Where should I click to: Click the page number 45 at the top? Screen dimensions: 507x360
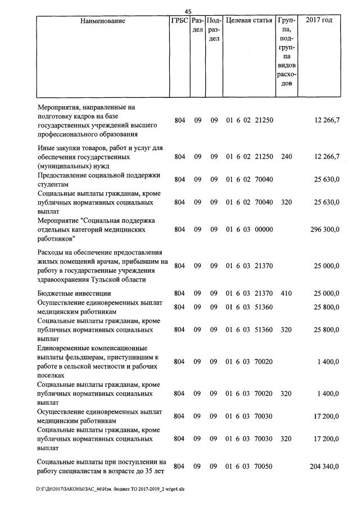(x=188, y=11)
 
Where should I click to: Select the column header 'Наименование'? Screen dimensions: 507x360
(x=102, y=21)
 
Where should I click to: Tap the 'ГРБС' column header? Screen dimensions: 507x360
(x=179, y=21)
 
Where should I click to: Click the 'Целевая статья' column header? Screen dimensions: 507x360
(x=249, y=21)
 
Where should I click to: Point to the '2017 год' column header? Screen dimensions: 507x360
(x=318, y=21)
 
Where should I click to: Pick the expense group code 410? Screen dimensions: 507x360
(x=286, y=293)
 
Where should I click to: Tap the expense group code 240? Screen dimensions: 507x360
(x=286, y=157)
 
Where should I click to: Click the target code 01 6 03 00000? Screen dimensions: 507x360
(x=249, y=229)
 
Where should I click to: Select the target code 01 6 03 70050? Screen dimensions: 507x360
(x=249, y=467)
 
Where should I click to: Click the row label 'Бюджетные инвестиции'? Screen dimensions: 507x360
(x=74, y=293)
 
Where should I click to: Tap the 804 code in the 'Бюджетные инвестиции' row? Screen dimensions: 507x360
(x=179, y=293)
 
